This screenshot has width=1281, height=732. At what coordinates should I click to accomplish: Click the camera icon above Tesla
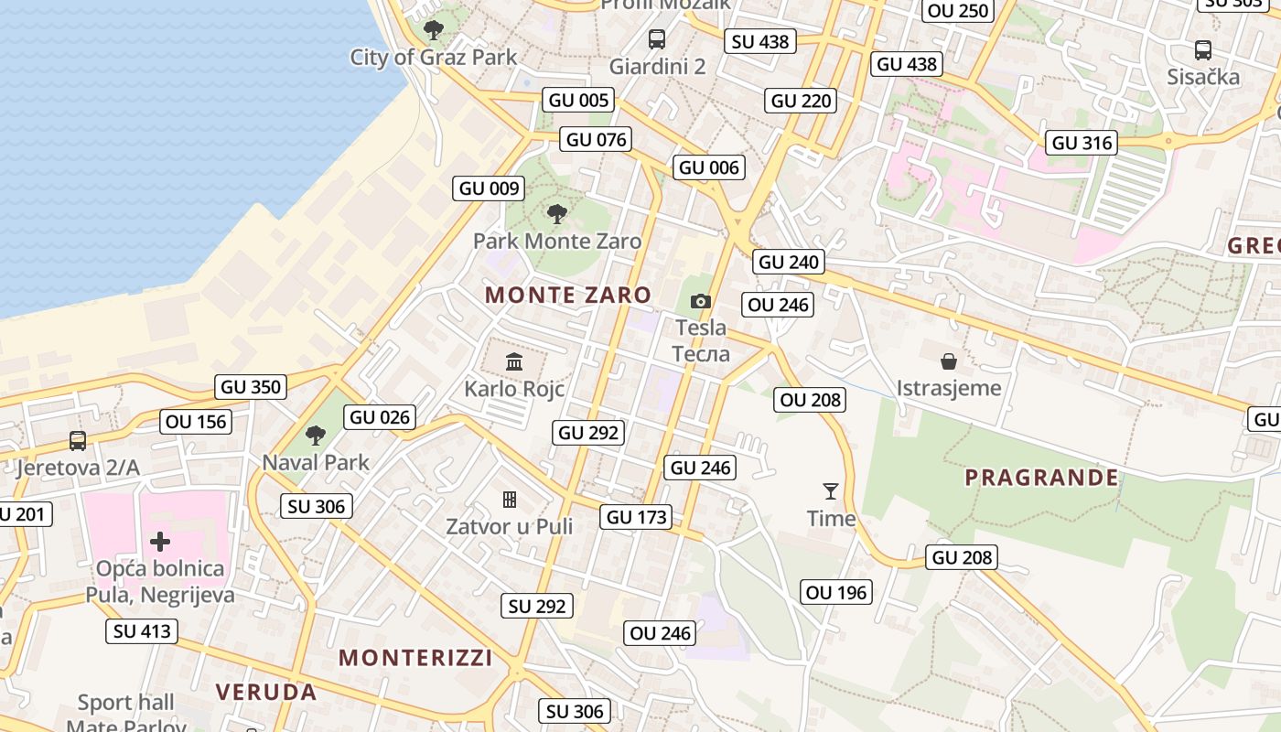point(700,301)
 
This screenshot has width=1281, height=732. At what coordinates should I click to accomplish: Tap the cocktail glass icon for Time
point(831,491)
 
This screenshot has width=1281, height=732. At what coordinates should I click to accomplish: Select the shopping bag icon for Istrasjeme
point(949,361)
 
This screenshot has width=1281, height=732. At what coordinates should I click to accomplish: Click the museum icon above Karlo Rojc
point(513,361)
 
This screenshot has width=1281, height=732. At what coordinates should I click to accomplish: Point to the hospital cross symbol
point(160,542)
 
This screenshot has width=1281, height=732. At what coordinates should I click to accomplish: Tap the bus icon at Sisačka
point(1203,50)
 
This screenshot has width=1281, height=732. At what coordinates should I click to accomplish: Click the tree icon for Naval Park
point(316,436)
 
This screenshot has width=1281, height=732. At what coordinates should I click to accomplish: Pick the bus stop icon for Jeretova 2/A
point(78,441)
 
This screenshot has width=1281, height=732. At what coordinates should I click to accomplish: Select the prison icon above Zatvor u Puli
point(510,499)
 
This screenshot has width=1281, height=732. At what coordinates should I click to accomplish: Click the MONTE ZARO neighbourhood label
point(568,295)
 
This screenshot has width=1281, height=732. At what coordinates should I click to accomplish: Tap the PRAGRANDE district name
point(1041,477)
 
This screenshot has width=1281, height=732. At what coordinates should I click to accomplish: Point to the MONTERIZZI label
point(415,657)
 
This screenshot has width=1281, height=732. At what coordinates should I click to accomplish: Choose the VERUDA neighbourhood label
point(266,692)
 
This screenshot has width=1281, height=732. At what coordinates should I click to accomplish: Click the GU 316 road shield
point(1082,143)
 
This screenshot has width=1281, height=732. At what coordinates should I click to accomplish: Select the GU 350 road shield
point(251,387)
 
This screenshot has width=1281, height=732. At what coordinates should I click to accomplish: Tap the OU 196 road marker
point(836,593)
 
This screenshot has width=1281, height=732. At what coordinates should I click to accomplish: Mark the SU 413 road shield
point(142,631)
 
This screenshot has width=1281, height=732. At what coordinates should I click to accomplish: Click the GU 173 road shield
point(638,517)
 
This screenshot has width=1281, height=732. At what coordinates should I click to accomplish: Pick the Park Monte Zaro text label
point(557,242)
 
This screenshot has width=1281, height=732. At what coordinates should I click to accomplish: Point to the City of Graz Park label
point(434,57)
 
